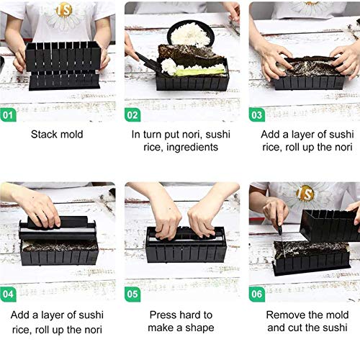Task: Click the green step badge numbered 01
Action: [8, 115]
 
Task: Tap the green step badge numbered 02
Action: [132, 115]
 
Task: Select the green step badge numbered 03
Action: [257, 115]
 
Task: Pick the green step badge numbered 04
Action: [8, 294]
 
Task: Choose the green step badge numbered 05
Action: [132, 294]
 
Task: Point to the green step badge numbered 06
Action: [257, 294]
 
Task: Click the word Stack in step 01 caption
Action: [42, 135]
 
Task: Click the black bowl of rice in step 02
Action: [191, 34]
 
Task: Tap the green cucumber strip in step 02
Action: [200, 71]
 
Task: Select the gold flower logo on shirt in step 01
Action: [64, 11]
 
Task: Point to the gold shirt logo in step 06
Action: [305, 194]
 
